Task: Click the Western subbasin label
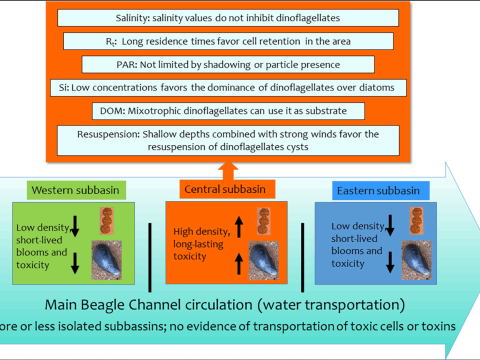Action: coord(76,190)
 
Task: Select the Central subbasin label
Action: coord(224,189)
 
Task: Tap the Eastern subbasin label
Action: coord(378,190)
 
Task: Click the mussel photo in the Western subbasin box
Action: coord(106,259)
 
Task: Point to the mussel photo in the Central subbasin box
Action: coord(263,260)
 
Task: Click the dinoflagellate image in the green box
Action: coord(106,220)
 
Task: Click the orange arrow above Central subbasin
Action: coord(228,170)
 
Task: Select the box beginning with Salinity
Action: coord(228,18)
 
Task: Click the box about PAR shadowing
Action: coord(228,64)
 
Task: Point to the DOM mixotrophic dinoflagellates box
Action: coord(228,111)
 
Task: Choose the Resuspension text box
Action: coord(228,140)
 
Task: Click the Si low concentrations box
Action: coord(228,87)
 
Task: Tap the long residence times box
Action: coord(228,41)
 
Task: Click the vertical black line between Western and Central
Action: coord(150,257)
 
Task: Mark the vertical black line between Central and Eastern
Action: coord(302,257)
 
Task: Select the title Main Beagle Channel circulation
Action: coord(224,305)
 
